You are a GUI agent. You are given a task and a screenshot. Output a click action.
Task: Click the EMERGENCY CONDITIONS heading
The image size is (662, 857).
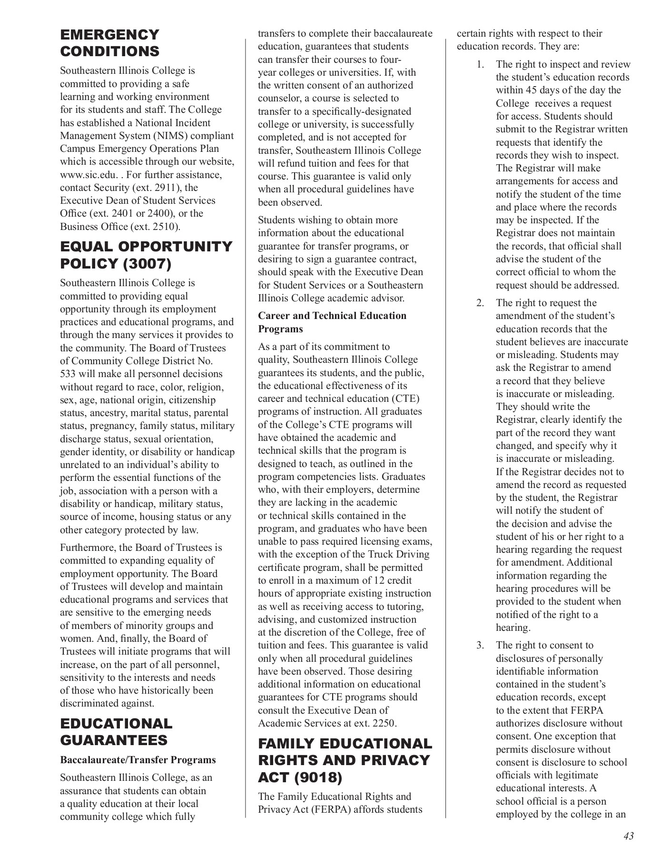coord(109,43)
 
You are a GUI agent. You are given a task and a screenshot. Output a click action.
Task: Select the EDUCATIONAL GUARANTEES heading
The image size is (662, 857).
coord(116,732)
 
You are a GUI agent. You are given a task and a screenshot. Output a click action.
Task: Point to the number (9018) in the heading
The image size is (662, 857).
coord(318,777)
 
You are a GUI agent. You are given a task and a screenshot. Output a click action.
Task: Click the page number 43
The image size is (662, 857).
coord(628,836)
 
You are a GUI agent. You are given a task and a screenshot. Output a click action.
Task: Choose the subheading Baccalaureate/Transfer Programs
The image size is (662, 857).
coord(138,760)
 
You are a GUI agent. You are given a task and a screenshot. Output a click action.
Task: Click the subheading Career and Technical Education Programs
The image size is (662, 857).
coord(332,322)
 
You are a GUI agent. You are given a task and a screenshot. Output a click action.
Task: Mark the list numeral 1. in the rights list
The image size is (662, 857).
coord(480,65)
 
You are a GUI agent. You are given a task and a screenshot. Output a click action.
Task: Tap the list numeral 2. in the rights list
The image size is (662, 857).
coord(480,303)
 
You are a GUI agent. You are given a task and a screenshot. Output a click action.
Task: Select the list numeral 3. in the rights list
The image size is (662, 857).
coord(480,646)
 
